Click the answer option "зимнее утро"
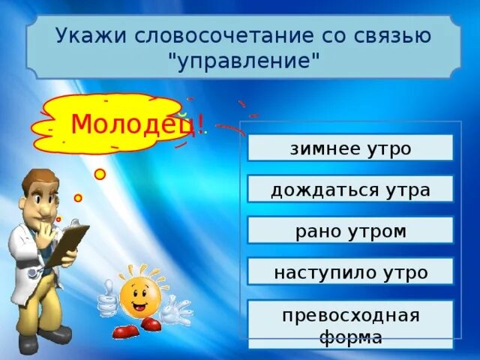click(x=350, y=148)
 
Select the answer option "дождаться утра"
click(x=350, y=189)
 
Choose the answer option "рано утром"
click(x=350, y=230)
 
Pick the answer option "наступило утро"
click(x=350, y=271)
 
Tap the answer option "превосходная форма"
click(x=350, y=325)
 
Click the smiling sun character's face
click(x=136, y=297)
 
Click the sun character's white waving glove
click(x=177, y=309)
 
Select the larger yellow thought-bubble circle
click(x=100, y=174)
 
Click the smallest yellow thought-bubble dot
click(x=59, y=219)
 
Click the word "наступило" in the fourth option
click(x=322, y=271)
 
